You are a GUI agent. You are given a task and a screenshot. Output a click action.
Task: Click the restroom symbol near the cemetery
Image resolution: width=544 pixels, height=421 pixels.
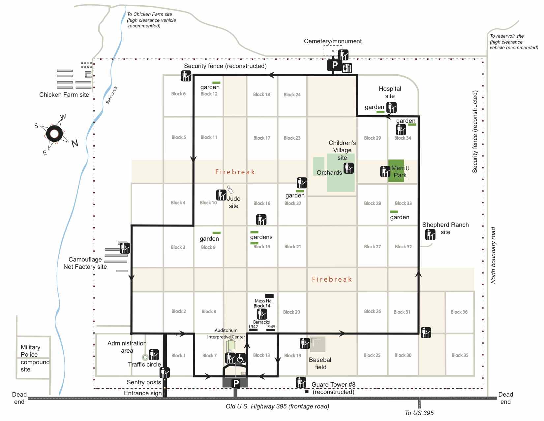pyautogui.click(x=347, y=68)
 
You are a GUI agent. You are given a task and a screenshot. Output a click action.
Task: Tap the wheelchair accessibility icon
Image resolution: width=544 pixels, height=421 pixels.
pyautogui.click(x=240, y=358)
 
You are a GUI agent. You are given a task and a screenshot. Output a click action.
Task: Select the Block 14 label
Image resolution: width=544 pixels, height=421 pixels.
pyautogui.click(x=262, y=306)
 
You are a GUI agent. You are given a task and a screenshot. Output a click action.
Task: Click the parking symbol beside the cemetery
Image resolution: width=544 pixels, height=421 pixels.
pyautogui.click(x=334, y=65)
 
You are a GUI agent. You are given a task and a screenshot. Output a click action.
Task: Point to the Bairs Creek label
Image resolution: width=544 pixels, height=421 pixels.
pyautogui.click(x=112, y=95)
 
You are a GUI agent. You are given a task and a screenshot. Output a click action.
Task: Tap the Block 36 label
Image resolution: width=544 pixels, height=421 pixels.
pyautogui.click(x=459, y=312)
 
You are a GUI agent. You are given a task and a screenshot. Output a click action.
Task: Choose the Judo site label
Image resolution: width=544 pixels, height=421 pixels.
pyautogui.click(x=233, y=202)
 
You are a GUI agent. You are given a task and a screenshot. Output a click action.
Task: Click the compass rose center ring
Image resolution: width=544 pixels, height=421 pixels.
pyautogui.click(x=54, y=134)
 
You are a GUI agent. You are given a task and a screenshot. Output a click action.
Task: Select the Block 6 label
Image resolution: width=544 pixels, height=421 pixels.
pyautogui.click(x=178, y=94)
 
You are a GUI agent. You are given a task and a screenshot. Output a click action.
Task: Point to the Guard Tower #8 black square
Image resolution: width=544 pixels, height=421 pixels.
pyautogui.click(x=307, y=391)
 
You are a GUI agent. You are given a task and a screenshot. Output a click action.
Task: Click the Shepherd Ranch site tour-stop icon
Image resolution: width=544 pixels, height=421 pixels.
pyautogui.click(x=430, y=234)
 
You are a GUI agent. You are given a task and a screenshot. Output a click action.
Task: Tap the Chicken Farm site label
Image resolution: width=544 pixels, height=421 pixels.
pyautogui.click(x=64, y=94)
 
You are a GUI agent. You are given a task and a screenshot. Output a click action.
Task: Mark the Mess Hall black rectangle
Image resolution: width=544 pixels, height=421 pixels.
pyautogui.click(x=269, y=296)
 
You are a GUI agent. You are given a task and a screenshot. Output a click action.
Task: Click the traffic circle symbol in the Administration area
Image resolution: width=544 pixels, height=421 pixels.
pyautogui.click(x=145, y=357)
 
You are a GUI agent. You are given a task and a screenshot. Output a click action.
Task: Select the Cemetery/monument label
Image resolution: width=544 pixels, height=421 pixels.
pyautogui.click(x=333, y=41)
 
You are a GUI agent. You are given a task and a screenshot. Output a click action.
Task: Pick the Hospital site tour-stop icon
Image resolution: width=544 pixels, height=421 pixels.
pyautogui.click(x=391, y=107)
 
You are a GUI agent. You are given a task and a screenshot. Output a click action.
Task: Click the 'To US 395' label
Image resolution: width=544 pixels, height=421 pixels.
pyautogui.click(x=419, y=413)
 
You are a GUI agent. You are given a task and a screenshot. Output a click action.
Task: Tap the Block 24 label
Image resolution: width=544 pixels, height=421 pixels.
pyautogui.click(x=292, y=94)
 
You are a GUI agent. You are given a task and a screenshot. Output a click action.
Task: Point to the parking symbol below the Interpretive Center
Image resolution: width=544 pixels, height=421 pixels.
pyautogui.click(x=236, y=383)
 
